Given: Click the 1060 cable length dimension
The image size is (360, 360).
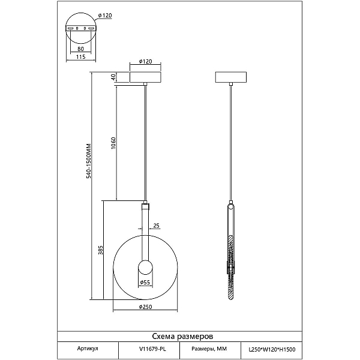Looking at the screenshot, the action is [x=113, y=143].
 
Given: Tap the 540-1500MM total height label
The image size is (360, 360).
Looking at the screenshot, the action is [x=89, y=161].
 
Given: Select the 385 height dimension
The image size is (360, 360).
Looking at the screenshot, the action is [x=101, y=250].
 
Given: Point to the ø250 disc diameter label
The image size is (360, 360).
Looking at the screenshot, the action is [x=146, y=307].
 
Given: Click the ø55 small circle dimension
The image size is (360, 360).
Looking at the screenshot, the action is [x=145, y=282].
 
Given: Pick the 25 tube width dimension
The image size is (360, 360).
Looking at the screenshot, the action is [x=156, y=226].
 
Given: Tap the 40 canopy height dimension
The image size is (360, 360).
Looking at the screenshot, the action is [x=113, y=77].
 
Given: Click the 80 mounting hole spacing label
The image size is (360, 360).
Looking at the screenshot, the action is [x=80, y=49].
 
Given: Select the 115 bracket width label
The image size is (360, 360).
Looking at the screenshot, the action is [x=80, y=57].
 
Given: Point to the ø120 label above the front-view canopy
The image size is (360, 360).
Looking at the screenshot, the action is [x=146, y=62].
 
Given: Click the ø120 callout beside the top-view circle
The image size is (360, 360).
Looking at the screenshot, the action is [x=105, y=16].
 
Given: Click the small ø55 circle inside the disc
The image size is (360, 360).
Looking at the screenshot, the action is [x=145, y=267].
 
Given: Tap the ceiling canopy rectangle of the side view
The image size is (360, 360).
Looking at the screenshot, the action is [x=231, y=77].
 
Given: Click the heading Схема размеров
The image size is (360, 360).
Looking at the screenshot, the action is [x=182, y=337].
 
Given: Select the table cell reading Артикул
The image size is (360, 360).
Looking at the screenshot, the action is [x=88, y=349].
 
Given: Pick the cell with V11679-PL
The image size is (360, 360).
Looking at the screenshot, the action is [x=149, y=349].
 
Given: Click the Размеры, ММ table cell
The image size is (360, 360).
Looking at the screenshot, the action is [x=210, y=349].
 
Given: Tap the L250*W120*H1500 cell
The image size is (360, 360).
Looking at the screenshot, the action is [x=271, y=349].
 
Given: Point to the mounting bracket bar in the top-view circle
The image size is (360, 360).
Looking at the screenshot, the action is [x=81, y=28].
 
